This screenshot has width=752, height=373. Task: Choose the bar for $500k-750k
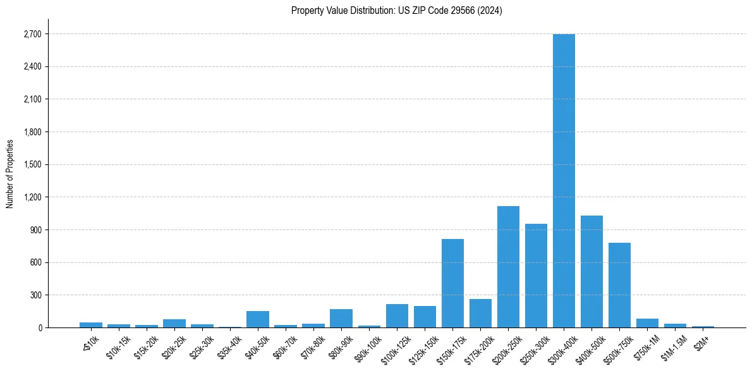619,285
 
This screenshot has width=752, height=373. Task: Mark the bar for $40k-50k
258,319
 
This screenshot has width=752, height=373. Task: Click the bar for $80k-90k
341,319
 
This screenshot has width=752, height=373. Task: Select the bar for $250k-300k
536,276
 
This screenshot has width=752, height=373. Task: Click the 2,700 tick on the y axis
32,34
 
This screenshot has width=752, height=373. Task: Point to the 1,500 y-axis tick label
32,164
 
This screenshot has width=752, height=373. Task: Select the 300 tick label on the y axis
36,295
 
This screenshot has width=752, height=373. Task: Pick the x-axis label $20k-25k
173,344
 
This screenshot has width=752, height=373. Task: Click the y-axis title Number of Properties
9,173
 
